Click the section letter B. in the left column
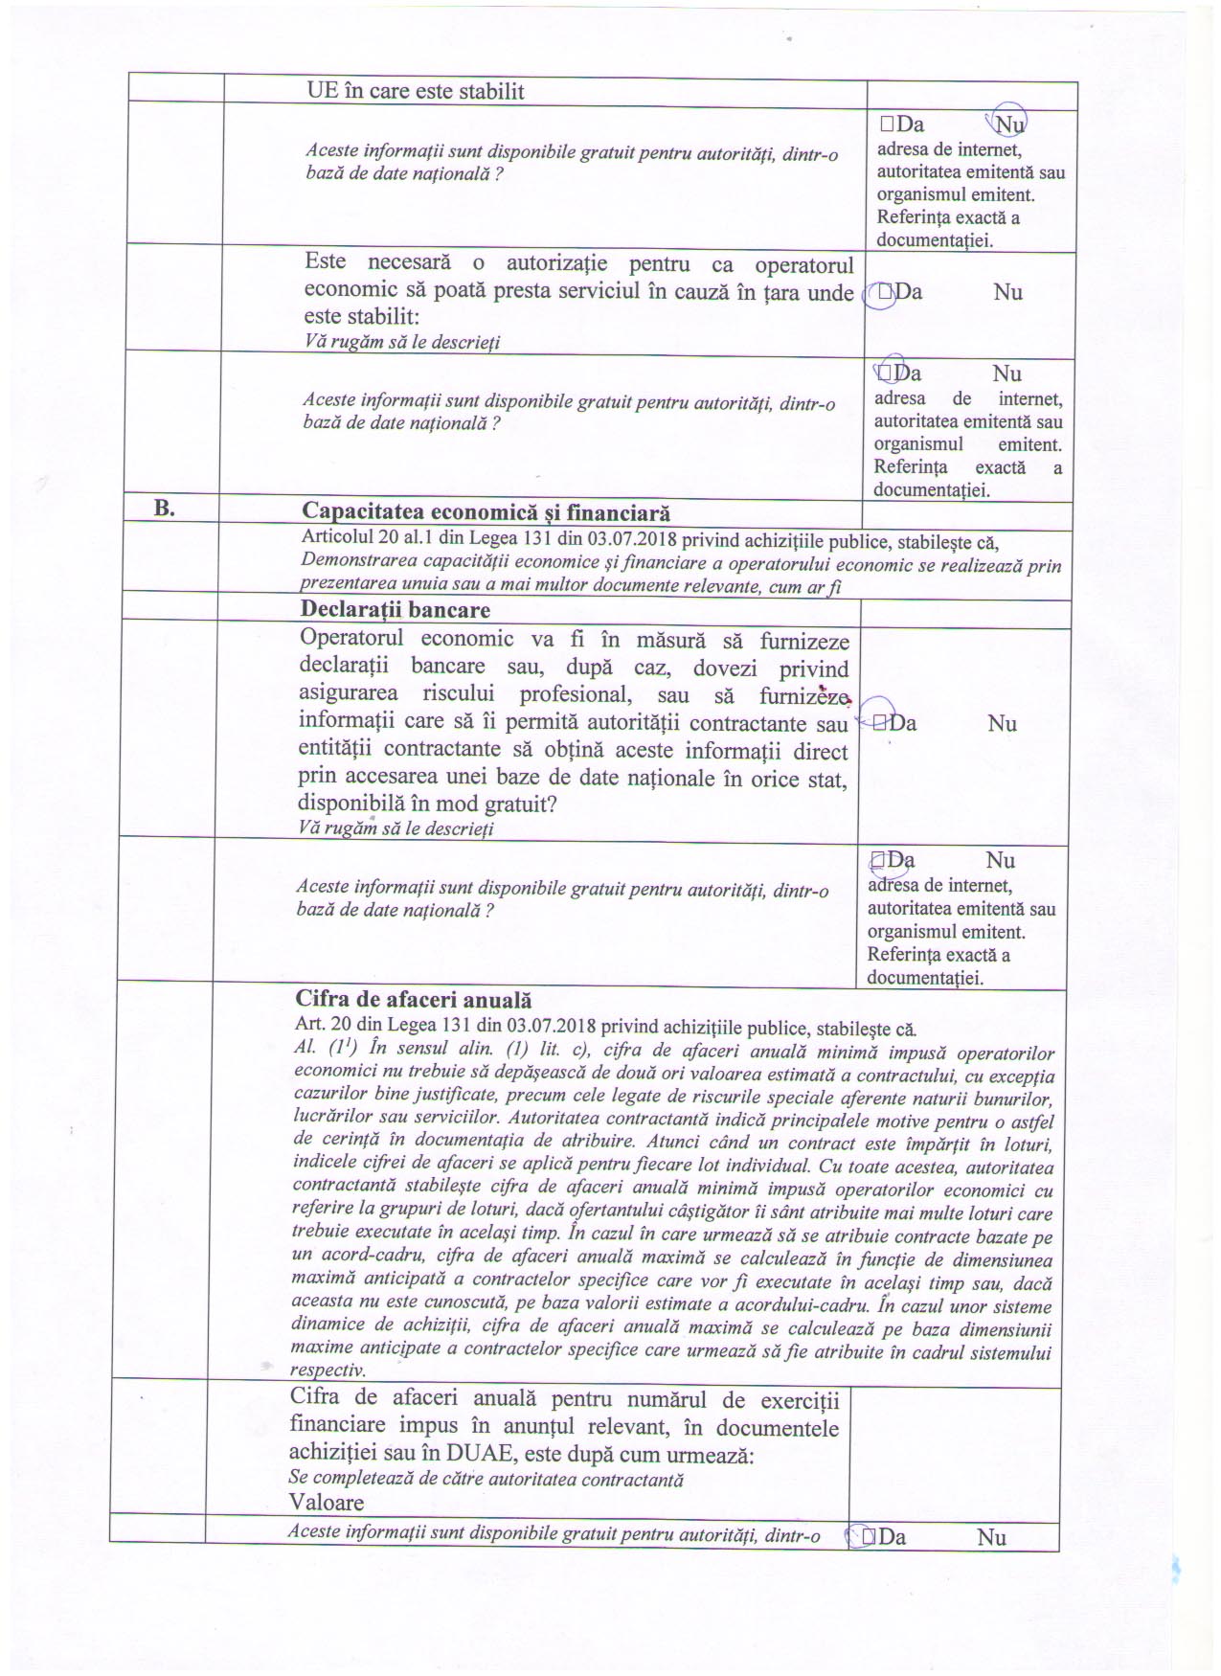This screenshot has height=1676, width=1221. point(165,509)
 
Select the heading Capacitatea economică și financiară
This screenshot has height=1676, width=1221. point(486,514)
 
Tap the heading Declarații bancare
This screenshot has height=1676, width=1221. point(395,610)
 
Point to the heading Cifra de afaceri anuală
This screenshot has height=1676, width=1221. point(413,1000)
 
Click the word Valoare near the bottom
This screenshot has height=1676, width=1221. point(327,1502)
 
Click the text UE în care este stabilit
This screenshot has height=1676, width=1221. point(415,92)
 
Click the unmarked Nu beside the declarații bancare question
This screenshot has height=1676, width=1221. point(1002,723)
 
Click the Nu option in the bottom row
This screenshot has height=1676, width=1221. point(991,1537)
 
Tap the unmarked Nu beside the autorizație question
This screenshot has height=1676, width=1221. point(1007,292)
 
